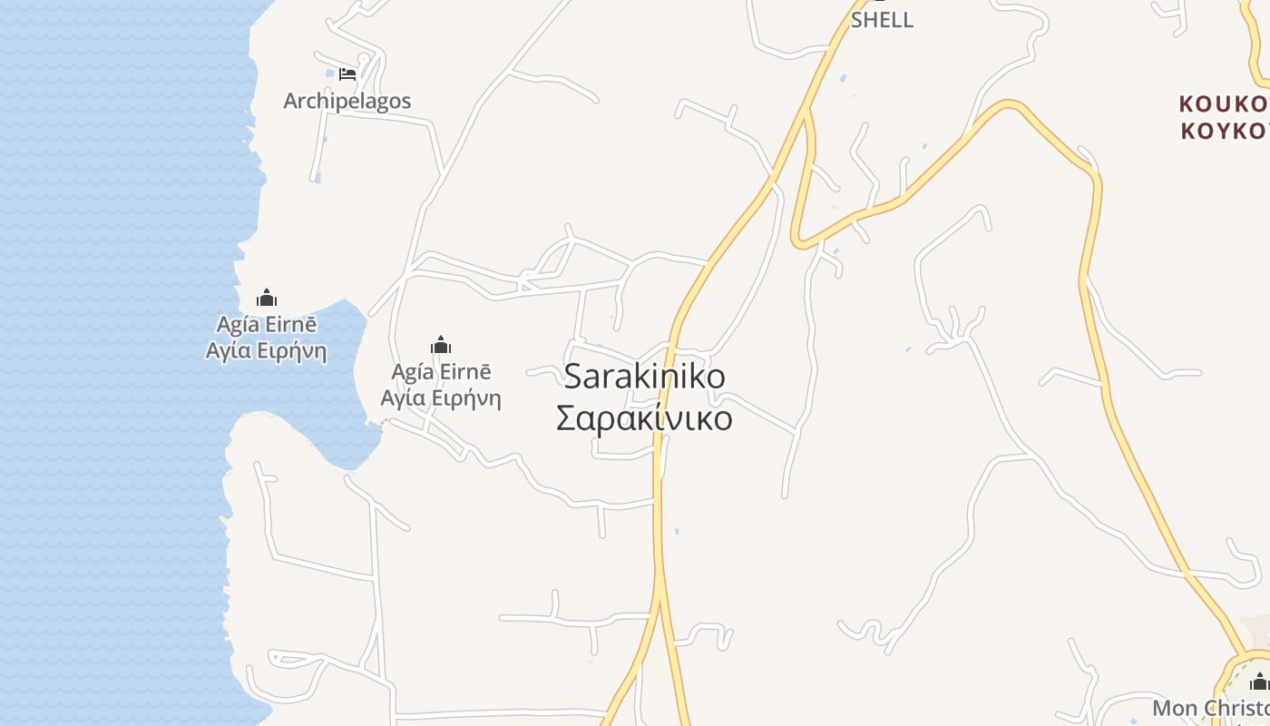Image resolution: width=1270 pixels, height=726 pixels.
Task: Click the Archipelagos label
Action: click(347, 101)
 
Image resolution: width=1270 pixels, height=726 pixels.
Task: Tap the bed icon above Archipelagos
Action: click(347, 74)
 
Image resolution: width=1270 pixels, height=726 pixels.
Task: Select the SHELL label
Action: click(882, 20)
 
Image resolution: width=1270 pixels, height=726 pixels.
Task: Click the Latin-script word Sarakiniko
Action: click(644, 376)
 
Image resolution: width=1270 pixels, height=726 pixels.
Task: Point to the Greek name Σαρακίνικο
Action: click(644, 418)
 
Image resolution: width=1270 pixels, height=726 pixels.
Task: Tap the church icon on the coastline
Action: click(266, 298)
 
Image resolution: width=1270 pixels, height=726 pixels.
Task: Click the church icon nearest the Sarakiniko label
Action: click(441, 345)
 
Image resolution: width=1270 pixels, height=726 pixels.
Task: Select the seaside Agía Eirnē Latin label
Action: click(266, 325)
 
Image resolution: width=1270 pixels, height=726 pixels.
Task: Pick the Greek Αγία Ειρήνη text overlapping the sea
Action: click(266, 350)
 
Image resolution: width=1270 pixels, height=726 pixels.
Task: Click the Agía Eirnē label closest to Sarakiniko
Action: click(441, 372)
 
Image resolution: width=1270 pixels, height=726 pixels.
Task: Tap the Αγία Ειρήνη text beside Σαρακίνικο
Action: click(441, 397)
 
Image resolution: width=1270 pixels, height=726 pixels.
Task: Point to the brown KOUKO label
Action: click(1223, 103)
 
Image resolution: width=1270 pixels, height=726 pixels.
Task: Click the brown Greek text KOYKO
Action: click(1223, 131)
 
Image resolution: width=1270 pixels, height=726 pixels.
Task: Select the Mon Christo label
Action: click(1211, 708)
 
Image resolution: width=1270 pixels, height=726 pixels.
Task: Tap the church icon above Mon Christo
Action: click(1259, 682)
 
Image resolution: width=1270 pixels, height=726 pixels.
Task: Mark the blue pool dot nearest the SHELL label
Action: click(843, 79)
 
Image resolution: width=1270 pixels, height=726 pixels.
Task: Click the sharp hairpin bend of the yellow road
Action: click(798, 241)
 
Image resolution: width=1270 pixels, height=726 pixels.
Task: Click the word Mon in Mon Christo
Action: click(1174, 708)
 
